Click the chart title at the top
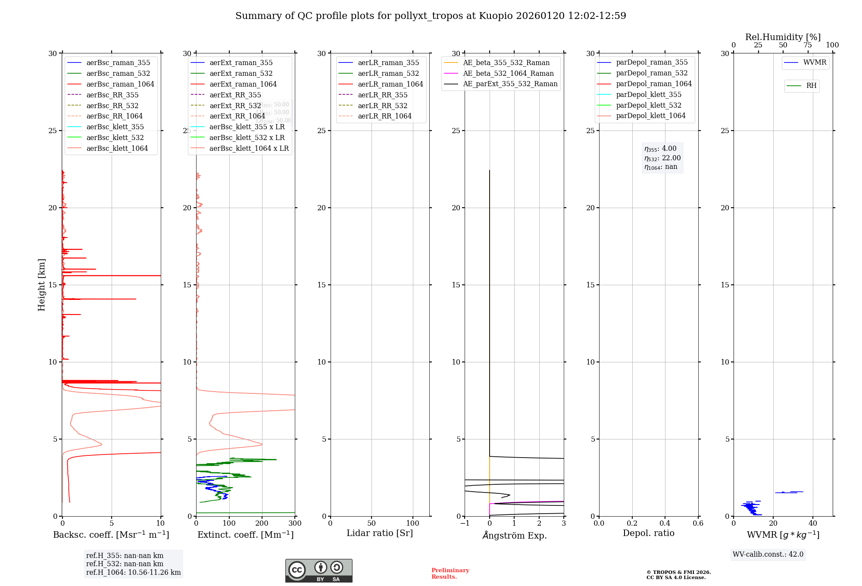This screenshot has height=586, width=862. pos(431,16)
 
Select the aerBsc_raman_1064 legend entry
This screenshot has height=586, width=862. pos(120,84)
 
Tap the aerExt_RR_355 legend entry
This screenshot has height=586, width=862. pos(235,95)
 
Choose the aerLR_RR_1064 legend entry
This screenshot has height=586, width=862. pos(384,116)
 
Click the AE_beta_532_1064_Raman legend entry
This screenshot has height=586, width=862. pos(508,73)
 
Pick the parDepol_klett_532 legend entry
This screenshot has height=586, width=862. pos(649,105)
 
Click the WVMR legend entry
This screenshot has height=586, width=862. pos(815,62)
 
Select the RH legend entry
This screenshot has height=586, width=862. pos(811,86)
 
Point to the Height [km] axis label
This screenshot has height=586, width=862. pos(41,285)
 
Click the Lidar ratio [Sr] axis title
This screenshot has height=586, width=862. pos(380,533)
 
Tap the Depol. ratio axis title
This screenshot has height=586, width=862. pos(648,533)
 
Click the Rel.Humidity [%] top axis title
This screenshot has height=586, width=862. pos(783,37)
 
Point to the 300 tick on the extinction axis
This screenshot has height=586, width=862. pos(295,524)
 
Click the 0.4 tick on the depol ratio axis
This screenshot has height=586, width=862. pos(665,524)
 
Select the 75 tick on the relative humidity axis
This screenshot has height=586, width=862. pos(808,45)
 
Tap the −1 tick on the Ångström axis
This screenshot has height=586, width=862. pos(465,524)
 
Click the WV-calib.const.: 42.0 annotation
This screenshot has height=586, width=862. pos(768,555)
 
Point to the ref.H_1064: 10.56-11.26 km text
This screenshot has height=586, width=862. pos(133,573)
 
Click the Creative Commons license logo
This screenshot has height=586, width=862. pos(319,570)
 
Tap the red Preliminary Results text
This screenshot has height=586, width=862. pos(450,574)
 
